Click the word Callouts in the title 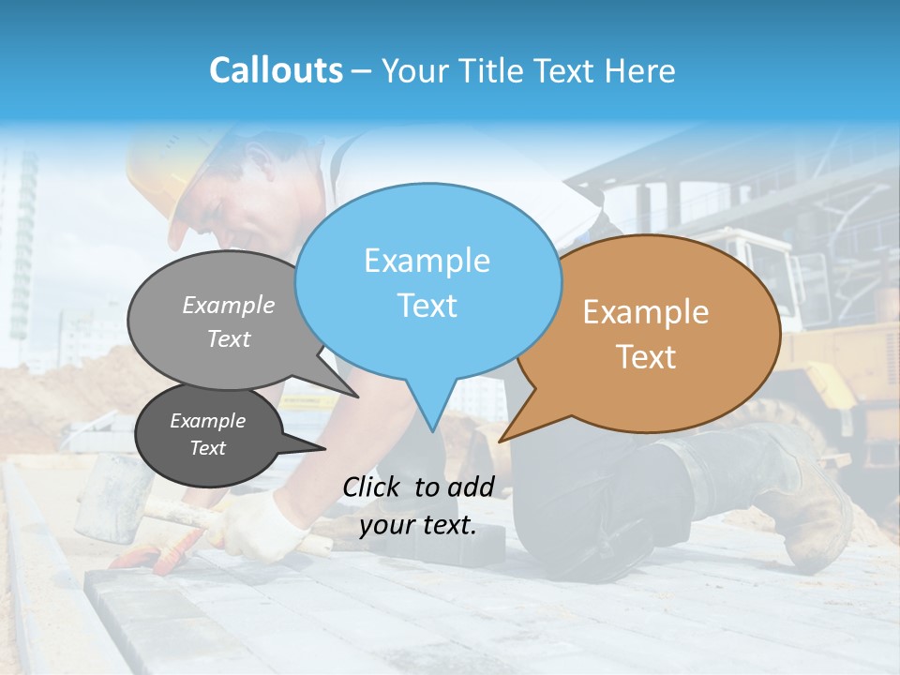coord(276,70)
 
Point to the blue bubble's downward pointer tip coord(432,431)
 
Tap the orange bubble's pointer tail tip coord(500,441)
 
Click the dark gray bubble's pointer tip coord(324,448)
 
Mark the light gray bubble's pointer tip coord(358,397)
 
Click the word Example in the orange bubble coord(646,312)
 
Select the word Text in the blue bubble coord(427,306)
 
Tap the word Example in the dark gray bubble coord(208,421)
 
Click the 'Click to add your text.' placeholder coord(418,505)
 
